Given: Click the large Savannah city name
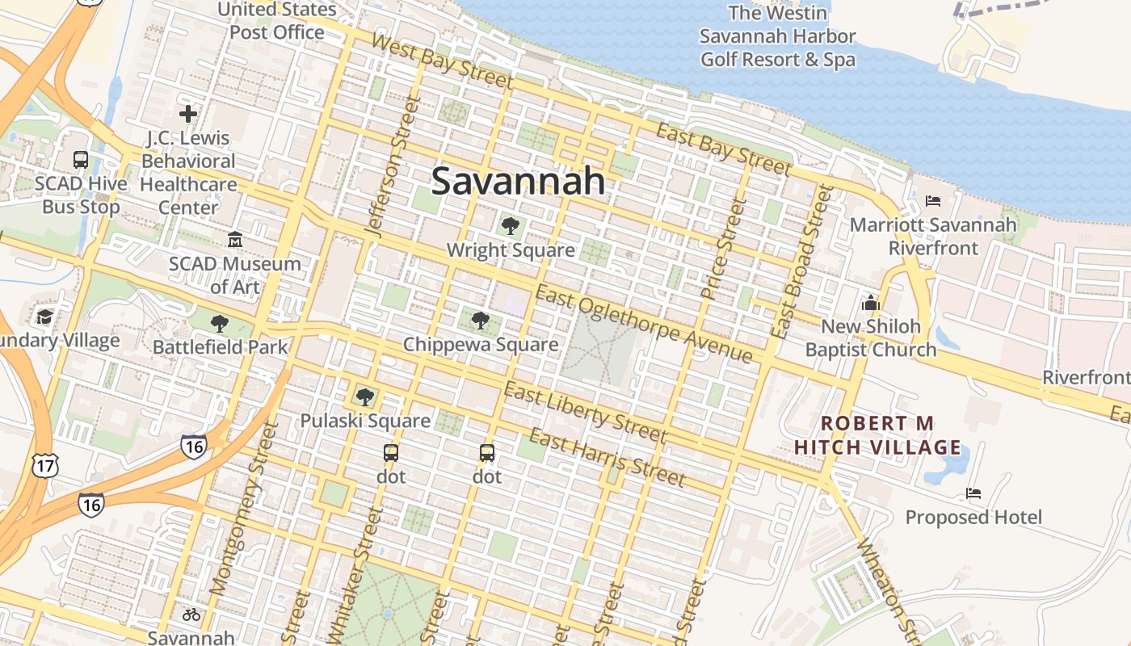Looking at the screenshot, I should pyautogui.click(x=518, y=181).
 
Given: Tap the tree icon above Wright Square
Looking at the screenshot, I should pyautogui.click(x=510, y=225).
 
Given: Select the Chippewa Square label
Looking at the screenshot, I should pyautogui.click(x=481, y=345).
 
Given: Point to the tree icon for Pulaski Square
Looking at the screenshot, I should pyautogui.click(x=365, y=396).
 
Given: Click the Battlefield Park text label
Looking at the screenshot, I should pyautogui.click(x=221, y=347).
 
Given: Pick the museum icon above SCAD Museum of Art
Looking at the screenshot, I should pyautogui.click(x=235, y=240).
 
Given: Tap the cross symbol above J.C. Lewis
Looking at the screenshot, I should pyautogui.click(x=188, y=114).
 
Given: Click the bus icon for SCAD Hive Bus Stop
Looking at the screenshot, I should pyautogui.click(x=81, y=160).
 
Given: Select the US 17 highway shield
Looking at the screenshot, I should pyautogui.click(x=44, y=464).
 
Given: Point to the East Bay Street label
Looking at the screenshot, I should pyautogui.click(x=723, y=149).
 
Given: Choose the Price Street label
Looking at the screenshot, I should pyautogui.click(x=723, y=250).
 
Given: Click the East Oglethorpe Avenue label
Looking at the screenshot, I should pyautogui.click(x=644, y=324).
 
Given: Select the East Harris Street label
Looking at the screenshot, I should pyautogui.click(x=607, y=458).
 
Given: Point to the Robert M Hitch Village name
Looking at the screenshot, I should pyautogui.click(x=877, y=435).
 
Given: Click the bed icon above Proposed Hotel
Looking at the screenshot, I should pyautogui.click(x=973, y=493).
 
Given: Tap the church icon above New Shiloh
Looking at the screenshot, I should pyautogui.click(x=870, y=303).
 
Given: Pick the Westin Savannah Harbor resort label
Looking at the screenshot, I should pyautogui.click(x=777, y=36).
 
